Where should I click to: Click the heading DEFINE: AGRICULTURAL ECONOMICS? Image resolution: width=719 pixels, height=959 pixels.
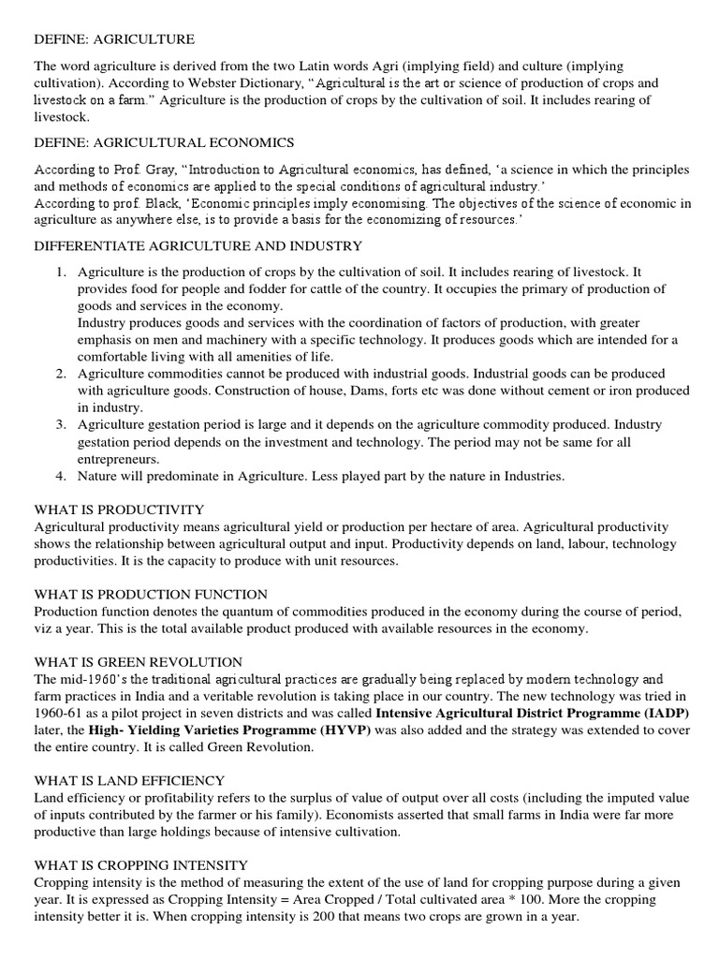[164, 142]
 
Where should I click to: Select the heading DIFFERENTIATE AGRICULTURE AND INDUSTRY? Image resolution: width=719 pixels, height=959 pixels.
[198, 245]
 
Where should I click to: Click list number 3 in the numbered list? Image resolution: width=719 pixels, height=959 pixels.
[60, 425]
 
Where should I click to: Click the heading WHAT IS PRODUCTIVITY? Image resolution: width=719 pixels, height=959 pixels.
[119, 509]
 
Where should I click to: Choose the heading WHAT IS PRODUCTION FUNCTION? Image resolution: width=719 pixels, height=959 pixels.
[151, 595]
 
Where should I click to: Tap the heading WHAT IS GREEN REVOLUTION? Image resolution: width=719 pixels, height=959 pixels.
[139, 662]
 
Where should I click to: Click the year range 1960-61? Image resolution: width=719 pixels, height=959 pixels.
[57, 713]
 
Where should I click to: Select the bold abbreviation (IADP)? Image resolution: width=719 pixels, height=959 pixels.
[659, 713]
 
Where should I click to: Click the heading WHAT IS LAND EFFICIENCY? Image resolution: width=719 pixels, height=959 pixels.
[129, 780]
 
